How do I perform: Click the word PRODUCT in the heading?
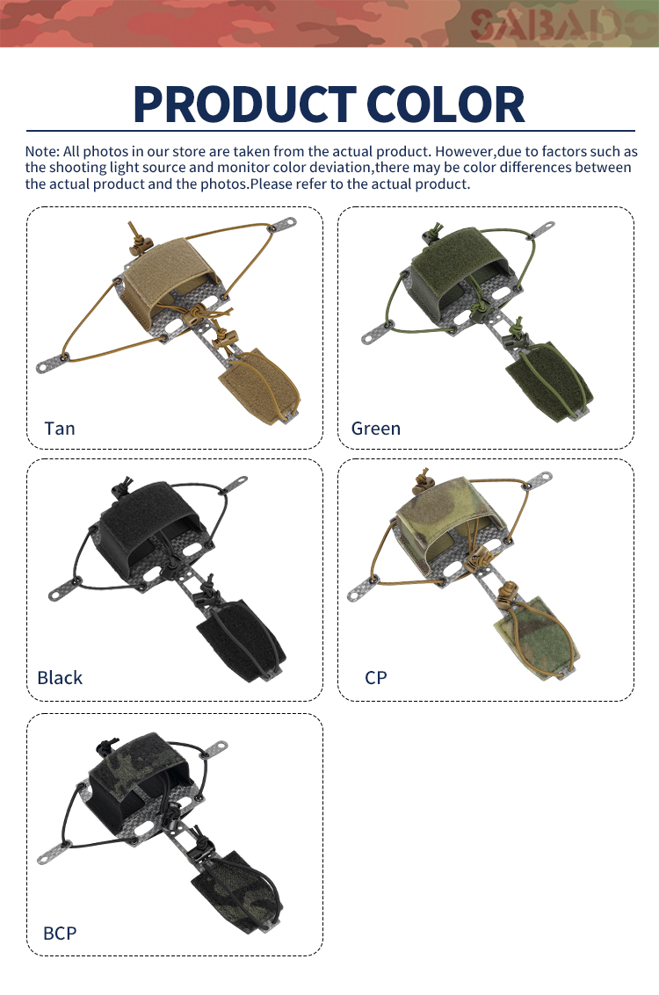pos(244,105)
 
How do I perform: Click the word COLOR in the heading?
pos(445,105)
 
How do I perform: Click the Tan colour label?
pos(60,429)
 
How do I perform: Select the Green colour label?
pos(376,429)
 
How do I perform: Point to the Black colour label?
pos(60,678)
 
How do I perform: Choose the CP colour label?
pos(376,678)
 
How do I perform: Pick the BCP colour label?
pos(60,934)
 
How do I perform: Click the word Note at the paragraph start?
pos(42,152)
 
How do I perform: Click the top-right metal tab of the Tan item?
pos(283,225)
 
